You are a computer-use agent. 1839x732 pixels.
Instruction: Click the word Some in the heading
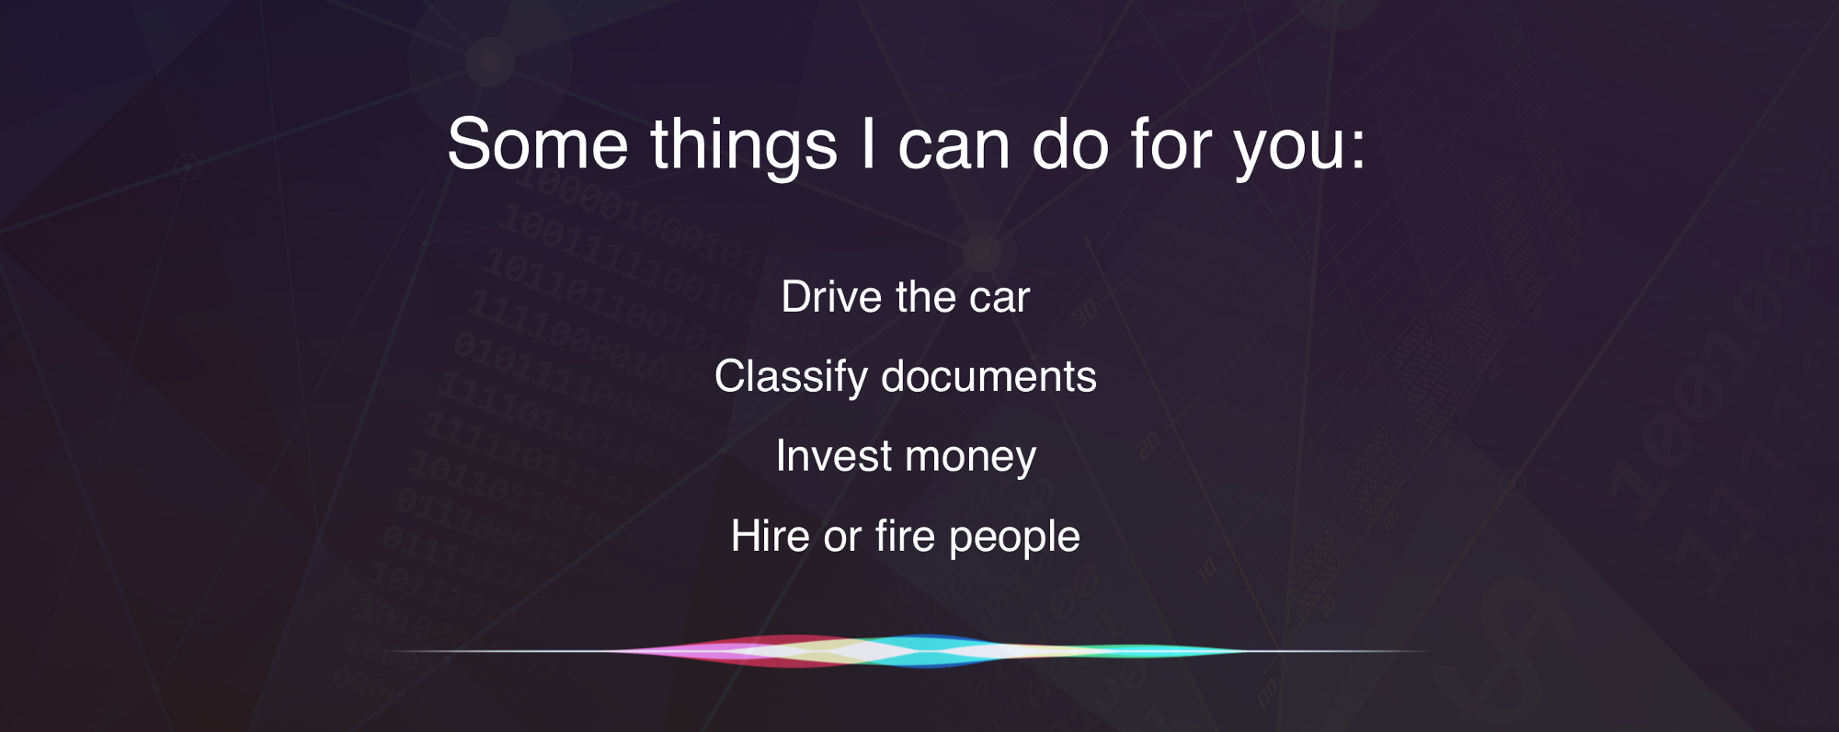(538, 144)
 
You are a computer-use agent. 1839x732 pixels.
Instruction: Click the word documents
(989, 377)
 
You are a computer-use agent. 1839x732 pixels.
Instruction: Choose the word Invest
(834, 456)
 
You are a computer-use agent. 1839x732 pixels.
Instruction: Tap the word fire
(905, 535)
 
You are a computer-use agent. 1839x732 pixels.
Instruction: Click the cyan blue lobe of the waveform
(929, 651)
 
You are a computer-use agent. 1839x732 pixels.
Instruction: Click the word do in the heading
(1071, 144)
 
